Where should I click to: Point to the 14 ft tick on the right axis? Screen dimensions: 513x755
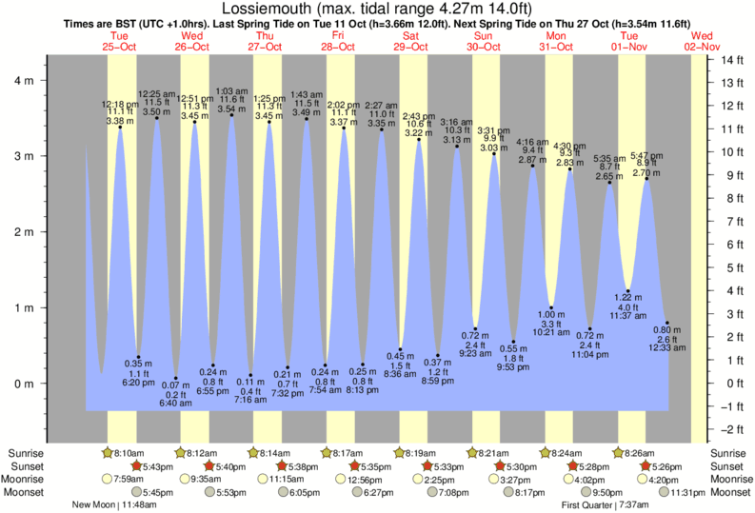coord(730,60)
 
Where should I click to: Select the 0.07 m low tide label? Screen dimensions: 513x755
coord(176,385)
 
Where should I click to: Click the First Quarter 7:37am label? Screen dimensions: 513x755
coord(605,505)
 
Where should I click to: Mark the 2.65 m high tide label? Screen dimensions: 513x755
coord(609,176)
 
